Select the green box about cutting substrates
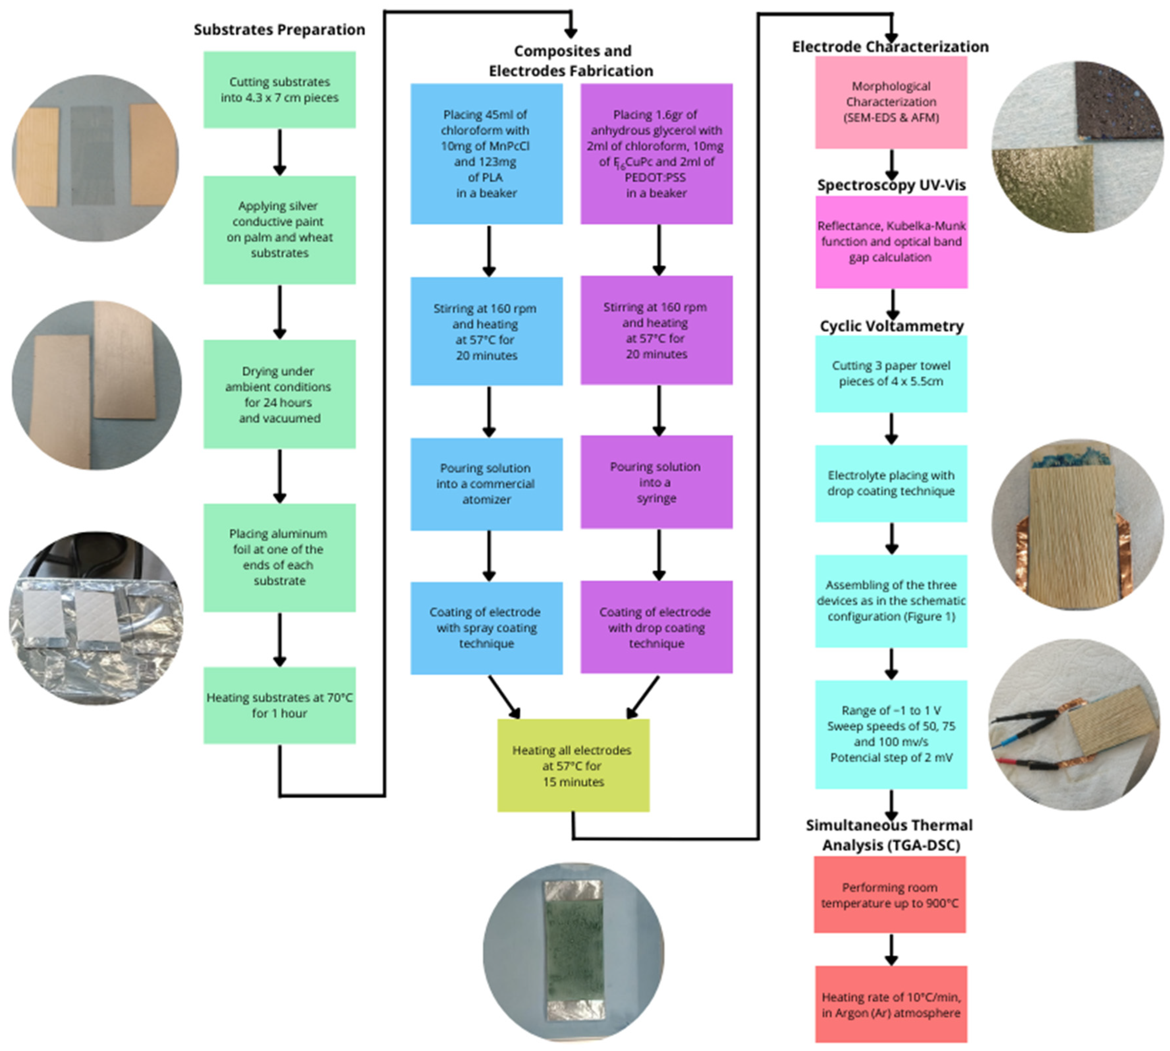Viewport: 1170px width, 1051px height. [x=279, y=90]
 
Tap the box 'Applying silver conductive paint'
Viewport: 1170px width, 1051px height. [x=279, y=229]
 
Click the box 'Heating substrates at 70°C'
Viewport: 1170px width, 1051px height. [x=279, y=705]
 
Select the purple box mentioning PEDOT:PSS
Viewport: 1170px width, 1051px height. [x=656, y=154]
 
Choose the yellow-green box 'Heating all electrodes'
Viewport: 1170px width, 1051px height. [x=573, y=765]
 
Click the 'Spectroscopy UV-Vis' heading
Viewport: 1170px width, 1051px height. [x=891, y=185]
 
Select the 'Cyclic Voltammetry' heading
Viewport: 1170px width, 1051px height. [x=891, y=326]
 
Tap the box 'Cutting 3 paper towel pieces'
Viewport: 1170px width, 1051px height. [x=891, y=374]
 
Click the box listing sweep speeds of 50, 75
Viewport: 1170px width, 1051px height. [x=891, y=734]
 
